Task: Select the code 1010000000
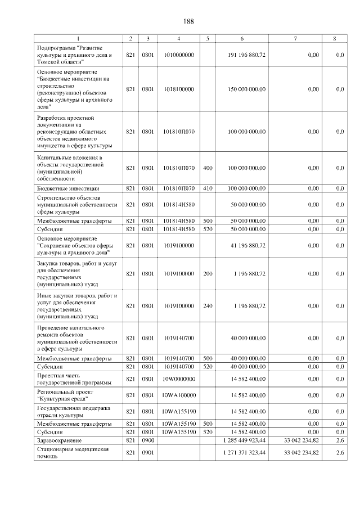(178, 55)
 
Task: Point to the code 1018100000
(178, 89)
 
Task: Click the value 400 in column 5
(208, 168)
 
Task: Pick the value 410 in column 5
(208, 188)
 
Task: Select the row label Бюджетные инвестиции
(68, 188)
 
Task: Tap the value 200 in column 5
(208, 274)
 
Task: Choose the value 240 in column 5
(208, 306)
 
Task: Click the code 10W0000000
(178, 379)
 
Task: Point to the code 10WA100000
(178, 395)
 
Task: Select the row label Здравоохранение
(59, 440)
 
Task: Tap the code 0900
(148, 440)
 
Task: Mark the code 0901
(148, 453)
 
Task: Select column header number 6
(242, 38)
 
